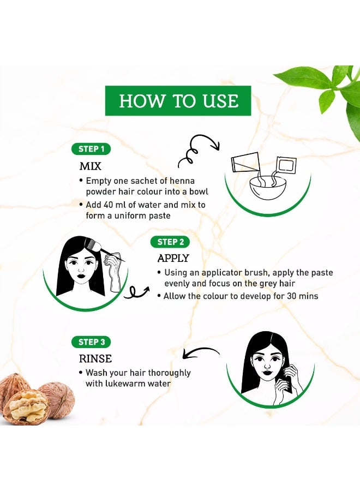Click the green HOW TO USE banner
tap(178, 100)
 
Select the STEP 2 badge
tap(170, 242)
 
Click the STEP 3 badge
tap(91, 342)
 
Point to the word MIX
tap(91, 166)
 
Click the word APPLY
tap(173, 258)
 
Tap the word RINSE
tap(95, 358)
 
